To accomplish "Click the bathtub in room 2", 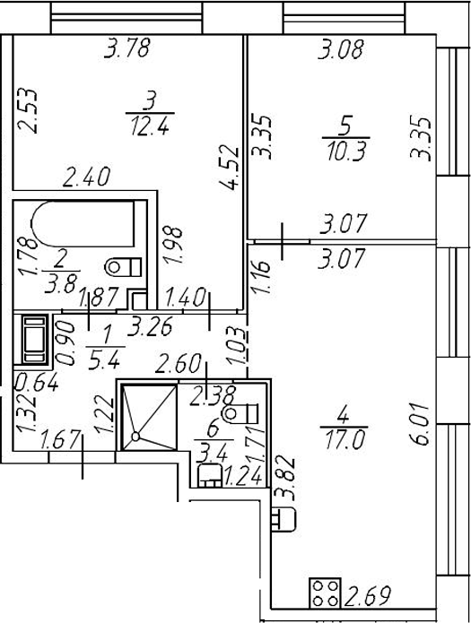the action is tap(83, 224).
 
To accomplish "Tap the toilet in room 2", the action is tap(123, 267).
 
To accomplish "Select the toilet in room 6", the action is tap(241, 414).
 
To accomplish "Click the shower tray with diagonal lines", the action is tap(148, 418).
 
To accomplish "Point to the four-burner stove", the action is tap(326, 593).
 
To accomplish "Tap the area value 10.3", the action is tap(346, 151).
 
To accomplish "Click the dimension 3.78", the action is tap(126, 48).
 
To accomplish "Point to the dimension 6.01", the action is tap(421, 424).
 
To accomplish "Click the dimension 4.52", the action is tap(230, 168).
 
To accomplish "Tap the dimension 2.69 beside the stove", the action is tap(368, 595).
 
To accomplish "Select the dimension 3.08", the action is tap(341, 49).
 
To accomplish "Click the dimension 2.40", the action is tap(86, 177).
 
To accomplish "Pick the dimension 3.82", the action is tap(283, 478).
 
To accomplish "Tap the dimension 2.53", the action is tap(29, 111).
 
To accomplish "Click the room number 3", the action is tap(150, 100).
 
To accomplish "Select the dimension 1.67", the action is tap(61, 441).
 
